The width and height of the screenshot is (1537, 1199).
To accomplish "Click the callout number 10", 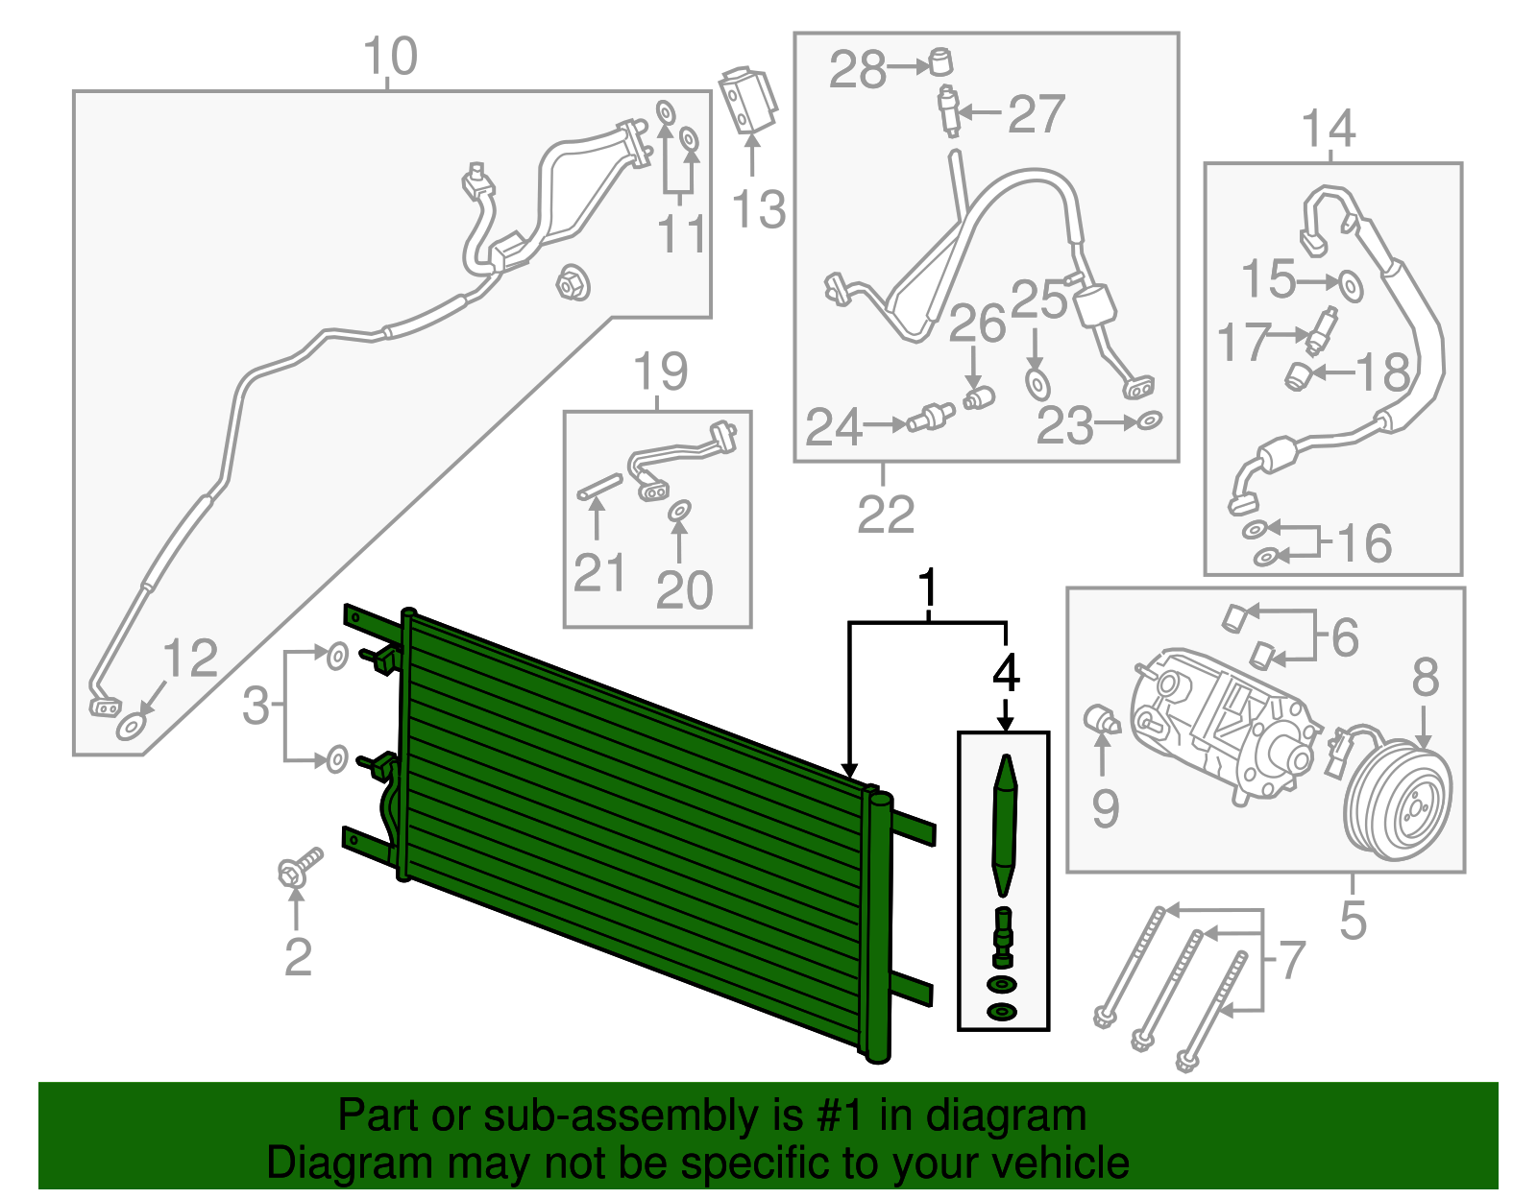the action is click(x=390, y=56).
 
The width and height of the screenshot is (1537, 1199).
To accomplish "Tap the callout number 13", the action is click(x=758, y=209).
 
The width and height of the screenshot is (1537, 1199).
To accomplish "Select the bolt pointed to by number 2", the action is click(x=299, y=868).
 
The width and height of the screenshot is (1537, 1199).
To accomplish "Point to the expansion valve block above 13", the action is click(x=747, y=100).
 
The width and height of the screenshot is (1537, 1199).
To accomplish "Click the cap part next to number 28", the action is click(x=940, y=60).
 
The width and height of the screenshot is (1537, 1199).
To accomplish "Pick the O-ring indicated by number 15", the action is click(x=1351, y=287).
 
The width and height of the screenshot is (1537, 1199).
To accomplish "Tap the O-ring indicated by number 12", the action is click(x=132, y=727).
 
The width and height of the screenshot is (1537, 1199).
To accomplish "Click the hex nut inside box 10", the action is click(x=573, y=283).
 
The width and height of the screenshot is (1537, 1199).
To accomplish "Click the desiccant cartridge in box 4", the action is click(x=1005, y=826).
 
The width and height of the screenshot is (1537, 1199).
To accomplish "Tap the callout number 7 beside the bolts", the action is click(x=1292, y=960).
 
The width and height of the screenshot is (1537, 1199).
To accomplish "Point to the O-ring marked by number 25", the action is click(x=1037, y=384).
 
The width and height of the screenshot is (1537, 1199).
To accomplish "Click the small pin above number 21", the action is click(x=599, y=486).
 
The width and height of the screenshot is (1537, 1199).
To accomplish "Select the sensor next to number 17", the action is click(x=1322, y=330).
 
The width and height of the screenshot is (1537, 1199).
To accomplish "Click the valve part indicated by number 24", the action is click(x=931, y=417).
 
